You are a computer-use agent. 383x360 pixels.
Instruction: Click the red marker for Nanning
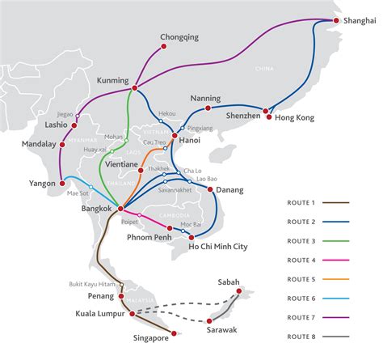click(x=208, y=108)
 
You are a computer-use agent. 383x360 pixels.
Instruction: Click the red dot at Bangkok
click(x=120, y=209)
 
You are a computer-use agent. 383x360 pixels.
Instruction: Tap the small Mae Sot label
click(x=77, y=193)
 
